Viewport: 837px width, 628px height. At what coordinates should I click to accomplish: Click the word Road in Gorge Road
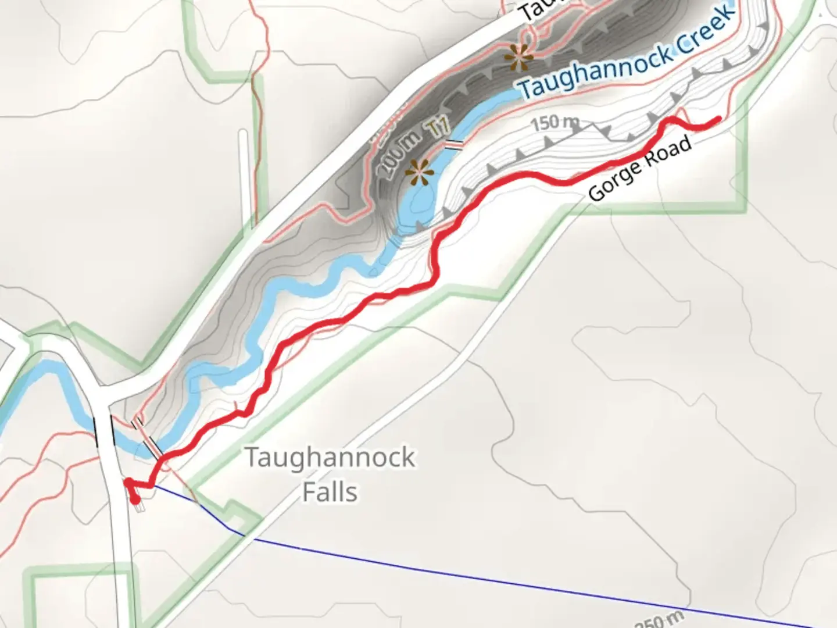pyautogui.click(x=673, y=152)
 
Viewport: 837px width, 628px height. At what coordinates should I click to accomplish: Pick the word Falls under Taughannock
pyautogui.click(x=330, y=492)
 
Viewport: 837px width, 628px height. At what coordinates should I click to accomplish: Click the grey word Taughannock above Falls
pyautogui.click(x=330, y=458)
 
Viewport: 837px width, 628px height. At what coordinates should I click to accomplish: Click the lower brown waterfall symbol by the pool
pyautogui.click(x=420, y=172)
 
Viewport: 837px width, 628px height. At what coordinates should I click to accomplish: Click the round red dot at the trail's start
pyautogui.click(x=135, y=499)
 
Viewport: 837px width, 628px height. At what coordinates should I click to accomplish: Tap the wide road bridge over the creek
pyautogui.click(x=105, y=430)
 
